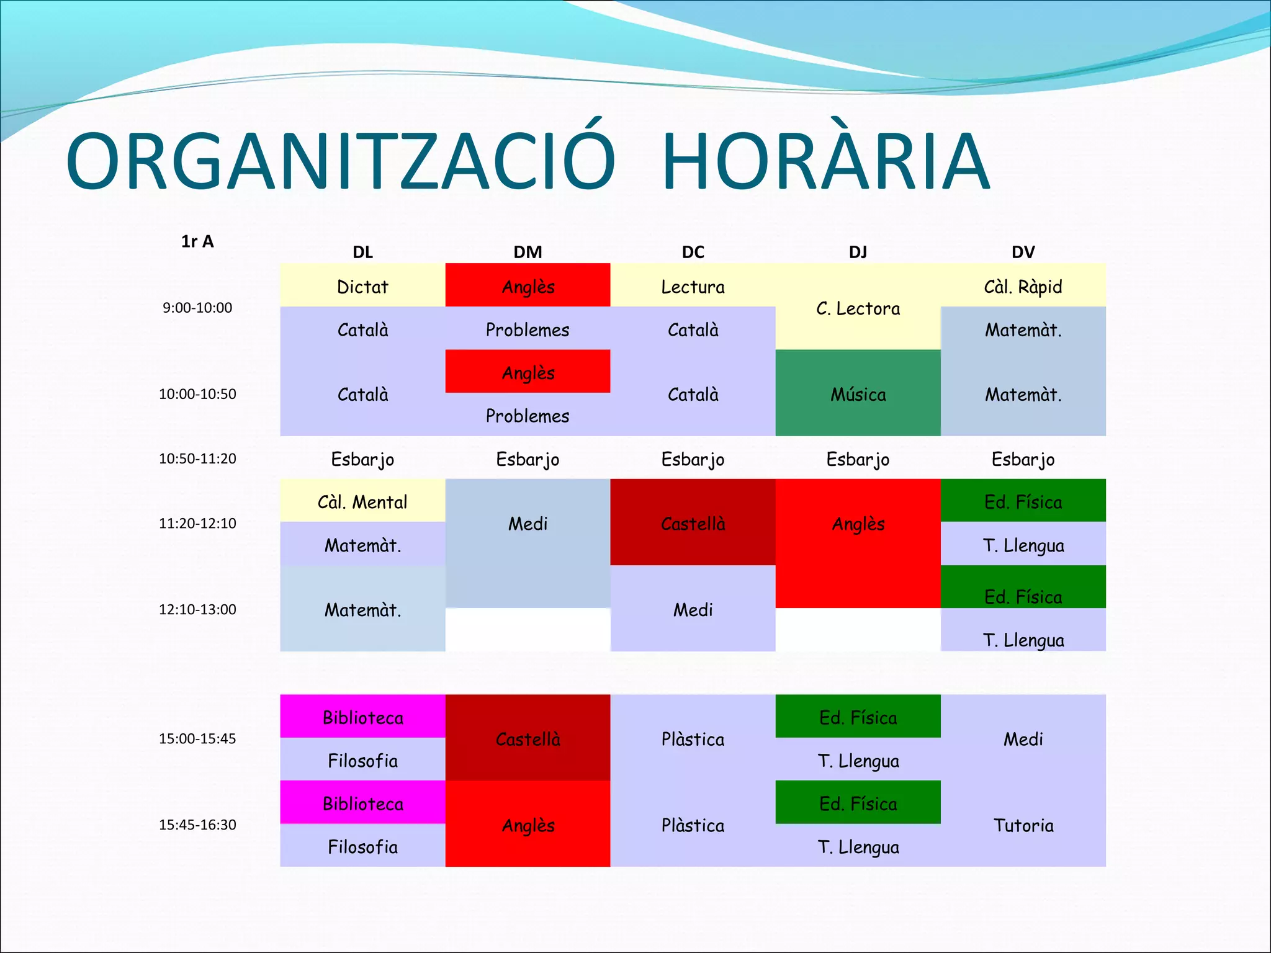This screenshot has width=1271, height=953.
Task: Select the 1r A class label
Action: (x=197, y=241)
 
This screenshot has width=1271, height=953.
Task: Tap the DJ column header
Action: (x=858, y=252)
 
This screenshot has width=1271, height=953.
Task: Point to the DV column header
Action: (x=1023, y=252)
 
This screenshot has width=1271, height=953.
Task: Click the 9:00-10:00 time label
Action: (x=197, y=308)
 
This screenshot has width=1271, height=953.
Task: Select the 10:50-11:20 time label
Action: (x=197, y=459)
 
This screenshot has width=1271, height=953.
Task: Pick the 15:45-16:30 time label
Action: (x=197, y=825)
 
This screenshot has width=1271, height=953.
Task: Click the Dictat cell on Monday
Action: (x=362, y=287)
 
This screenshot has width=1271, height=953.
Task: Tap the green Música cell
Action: (x=858, y=394)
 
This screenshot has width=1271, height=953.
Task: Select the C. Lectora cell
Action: (x=858, y=308)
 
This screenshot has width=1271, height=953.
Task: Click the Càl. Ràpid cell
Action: (x=1023, y=287)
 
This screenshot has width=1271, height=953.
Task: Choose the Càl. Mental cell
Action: (x=362, y=501)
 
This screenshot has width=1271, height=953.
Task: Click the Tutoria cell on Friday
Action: (x=1023, y=825)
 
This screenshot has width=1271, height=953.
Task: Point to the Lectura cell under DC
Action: (x=693, y=287)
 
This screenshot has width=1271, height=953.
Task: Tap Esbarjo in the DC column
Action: (x=693, y=459)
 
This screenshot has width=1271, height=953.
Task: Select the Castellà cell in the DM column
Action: (x=528, y=739)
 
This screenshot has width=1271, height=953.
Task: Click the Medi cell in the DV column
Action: (x=1023, y=739)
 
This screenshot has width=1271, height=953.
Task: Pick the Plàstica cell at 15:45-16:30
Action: (x=693, y=825)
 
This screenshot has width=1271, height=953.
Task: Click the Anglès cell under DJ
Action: (x=858, y=524)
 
